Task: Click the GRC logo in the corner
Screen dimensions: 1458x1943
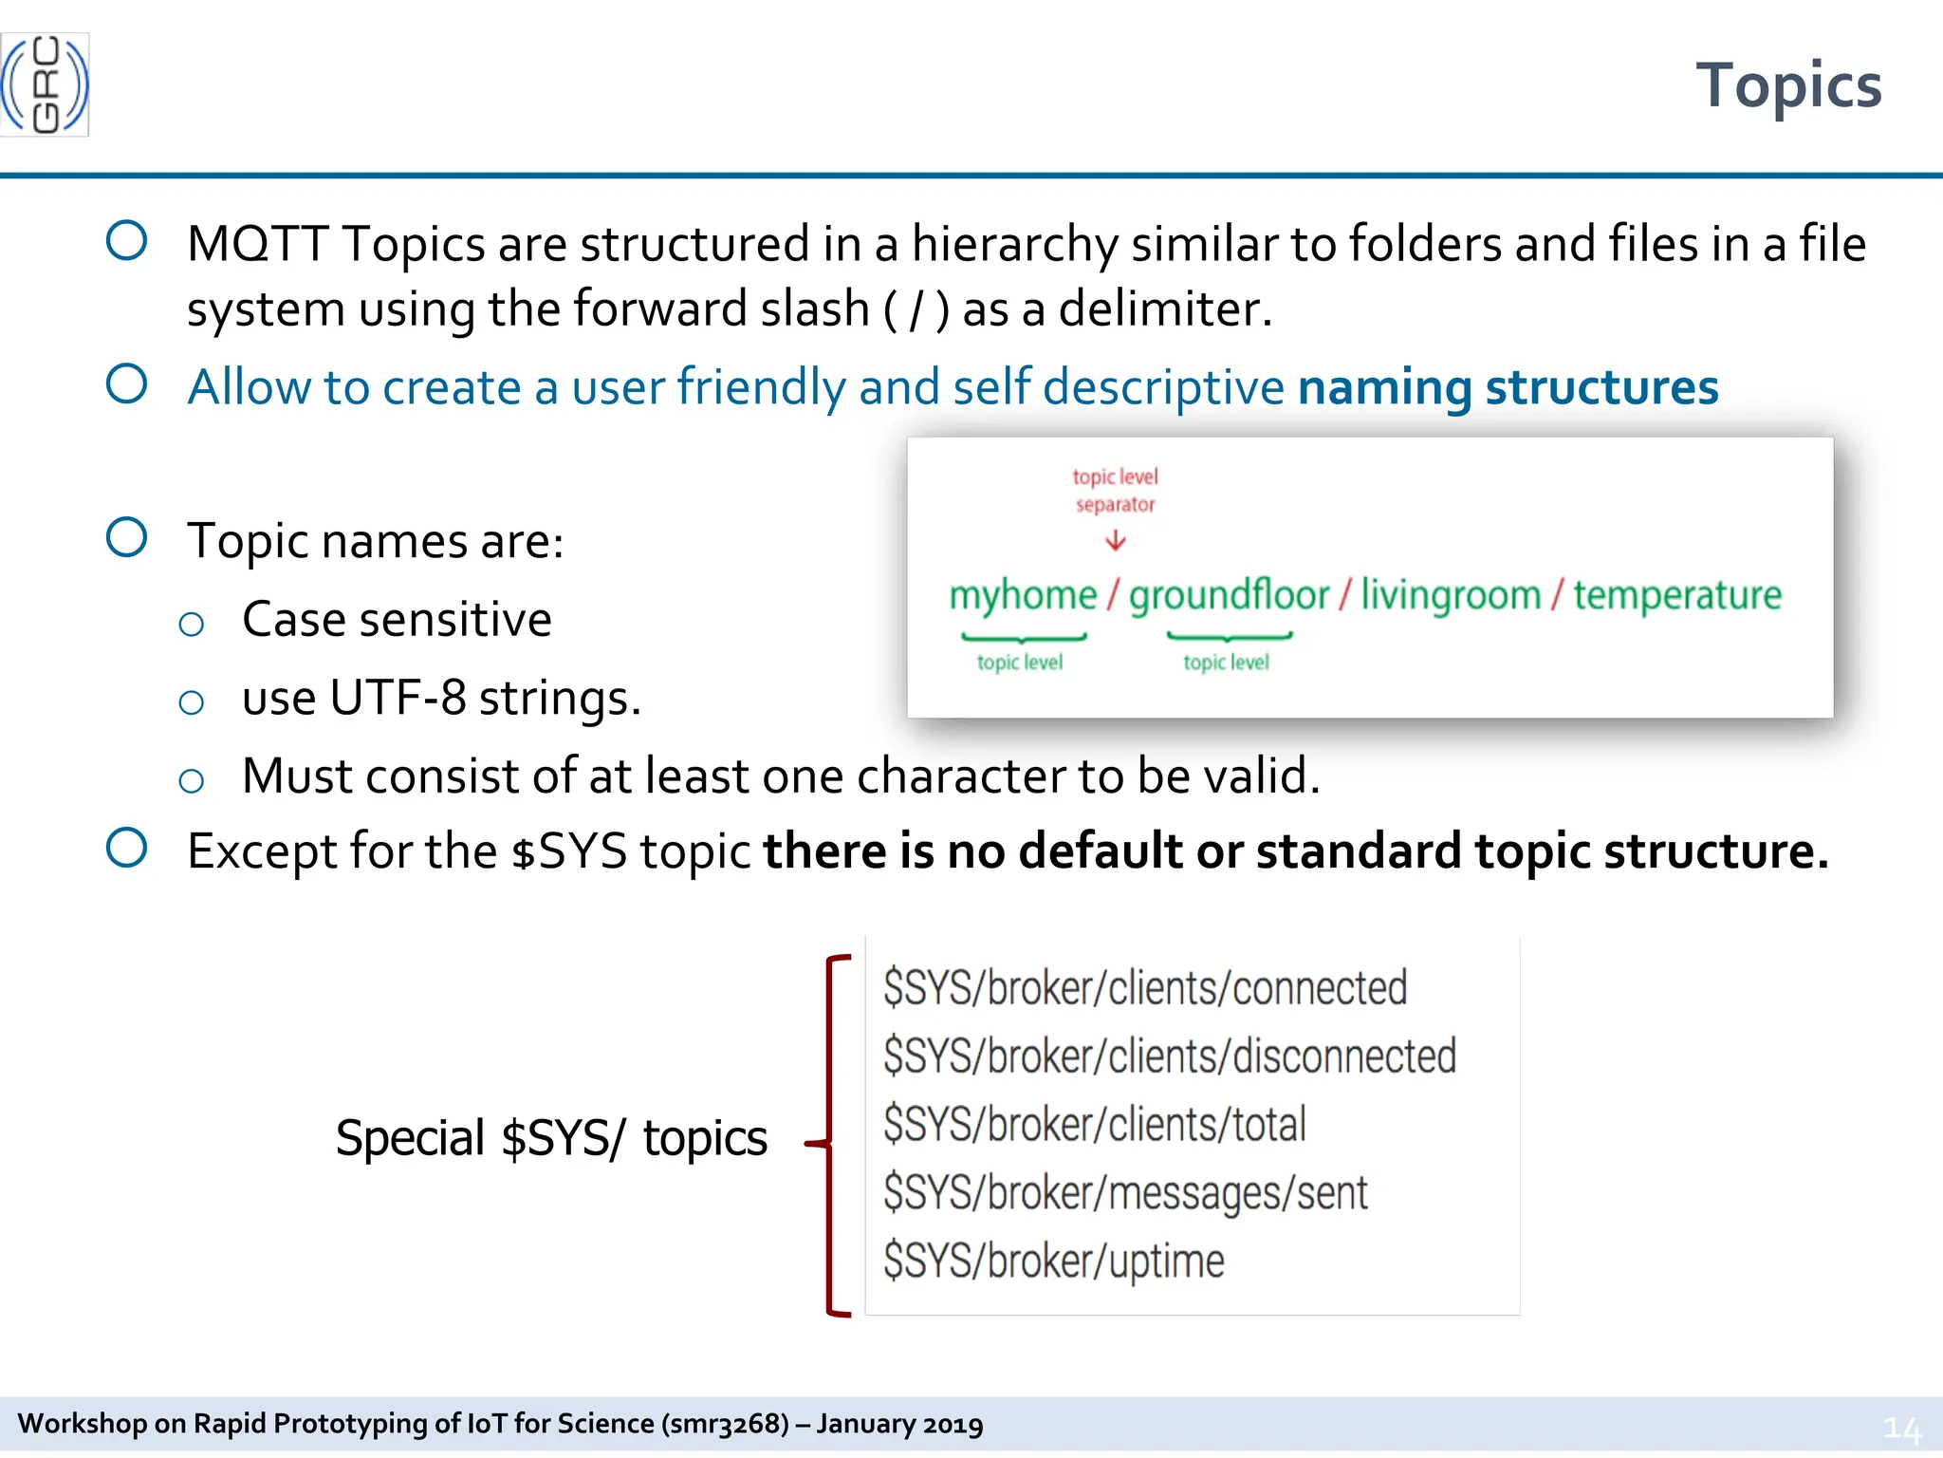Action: coord(45,85)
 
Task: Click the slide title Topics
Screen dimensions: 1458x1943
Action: coord(1787,85)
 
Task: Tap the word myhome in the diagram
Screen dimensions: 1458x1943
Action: coord(1023,595)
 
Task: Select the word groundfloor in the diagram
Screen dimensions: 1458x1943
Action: coord(1229,595)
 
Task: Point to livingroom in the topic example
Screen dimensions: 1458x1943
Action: coord(1451,595)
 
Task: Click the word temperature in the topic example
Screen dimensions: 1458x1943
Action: coord(1677,595)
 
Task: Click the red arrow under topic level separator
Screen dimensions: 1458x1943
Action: coord(1116,540)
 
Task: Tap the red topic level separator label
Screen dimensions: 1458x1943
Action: coord(1116,490)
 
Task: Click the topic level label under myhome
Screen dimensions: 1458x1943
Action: coord(1020,662)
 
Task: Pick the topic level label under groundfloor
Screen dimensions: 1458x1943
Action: coord(1226,662)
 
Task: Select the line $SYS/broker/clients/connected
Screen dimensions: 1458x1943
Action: coord(1145,988)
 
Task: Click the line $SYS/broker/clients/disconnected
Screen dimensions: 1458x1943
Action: coord(1169,1056)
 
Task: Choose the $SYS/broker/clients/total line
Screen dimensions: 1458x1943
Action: coord(1095,1125)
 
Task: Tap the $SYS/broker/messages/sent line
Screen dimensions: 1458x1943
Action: coord(1125,1193)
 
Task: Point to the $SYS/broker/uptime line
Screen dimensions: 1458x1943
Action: coord(1054,1262)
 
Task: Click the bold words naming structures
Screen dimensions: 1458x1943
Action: coord(1508,387)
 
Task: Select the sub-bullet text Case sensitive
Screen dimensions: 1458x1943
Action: coord(397,620)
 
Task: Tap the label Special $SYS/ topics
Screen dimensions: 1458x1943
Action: coord(551,1138)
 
